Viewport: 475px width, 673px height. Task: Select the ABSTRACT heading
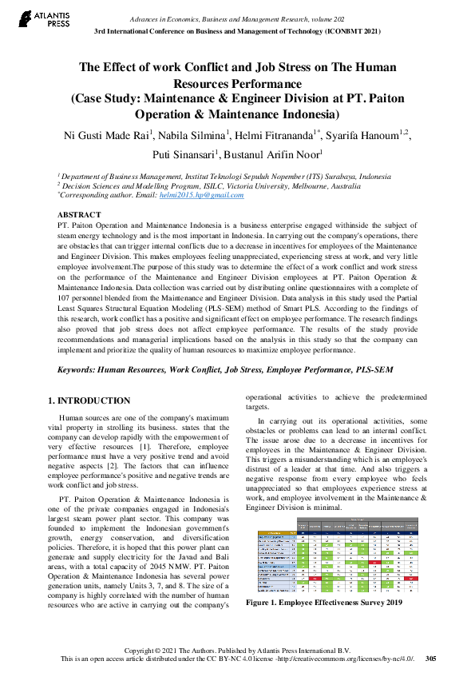pos(79,215)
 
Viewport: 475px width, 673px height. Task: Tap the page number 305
pos(430,659)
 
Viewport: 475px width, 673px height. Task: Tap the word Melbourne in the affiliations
pos(308,185)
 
